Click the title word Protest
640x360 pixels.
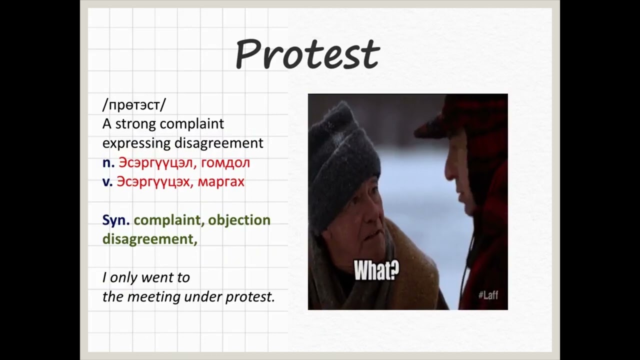point(307,53)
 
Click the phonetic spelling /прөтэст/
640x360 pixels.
point(134,105)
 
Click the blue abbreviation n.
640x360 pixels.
point(108,162)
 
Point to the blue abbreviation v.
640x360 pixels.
point(107,181)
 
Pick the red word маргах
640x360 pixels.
point(221,181)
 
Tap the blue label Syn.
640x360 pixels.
point(116,220)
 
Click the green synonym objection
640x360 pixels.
point(239,220)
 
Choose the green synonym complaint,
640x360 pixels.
point(168,220)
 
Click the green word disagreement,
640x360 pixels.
point(149,239)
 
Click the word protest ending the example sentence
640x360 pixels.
point(249,296)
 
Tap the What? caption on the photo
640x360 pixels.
point(376,270)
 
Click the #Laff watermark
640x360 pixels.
point(487,295)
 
